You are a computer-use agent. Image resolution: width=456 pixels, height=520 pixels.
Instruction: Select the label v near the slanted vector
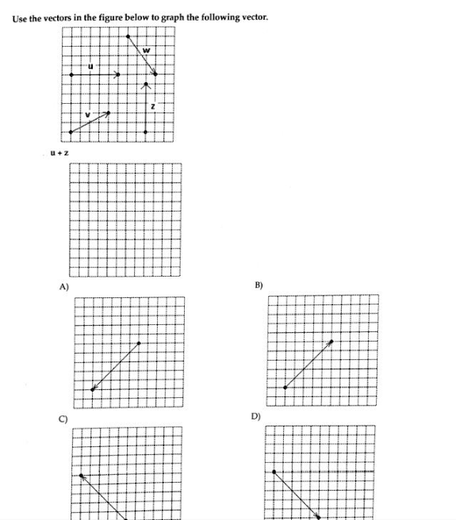point(87,115)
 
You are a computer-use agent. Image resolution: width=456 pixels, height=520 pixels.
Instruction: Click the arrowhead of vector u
point(118,75)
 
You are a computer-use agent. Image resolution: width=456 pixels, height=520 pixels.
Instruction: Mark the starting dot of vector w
point(128,36)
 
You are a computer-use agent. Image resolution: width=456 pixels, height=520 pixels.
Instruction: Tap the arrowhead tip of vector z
point(145,82)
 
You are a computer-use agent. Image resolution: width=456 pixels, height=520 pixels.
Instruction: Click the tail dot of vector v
point(71,132)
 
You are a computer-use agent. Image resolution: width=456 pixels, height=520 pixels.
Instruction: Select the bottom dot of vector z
point(145,132)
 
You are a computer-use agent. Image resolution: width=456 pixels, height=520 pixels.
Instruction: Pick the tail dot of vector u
point(71,75)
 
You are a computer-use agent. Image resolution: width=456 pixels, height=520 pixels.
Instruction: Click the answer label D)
point(255,415)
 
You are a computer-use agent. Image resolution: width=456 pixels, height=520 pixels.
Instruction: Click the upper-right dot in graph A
point(139,343)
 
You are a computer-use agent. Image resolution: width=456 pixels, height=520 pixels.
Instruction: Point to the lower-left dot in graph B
point(285,388)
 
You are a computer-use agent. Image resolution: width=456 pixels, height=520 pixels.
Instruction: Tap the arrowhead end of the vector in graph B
point(331,342)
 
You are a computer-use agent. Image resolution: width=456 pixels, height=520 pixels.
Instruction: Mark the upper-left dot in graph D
point(274,472)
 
